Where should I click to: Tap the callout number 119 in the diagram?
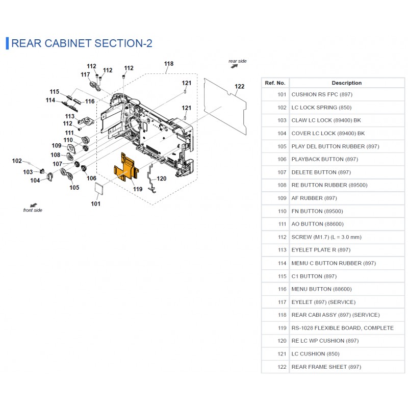tap(138, 189)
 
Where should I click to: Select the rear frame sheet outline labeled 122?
tap(225, 107)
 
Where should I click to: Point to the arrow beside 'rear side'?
tap(234, 66)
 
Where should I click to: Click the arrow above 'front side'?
tap(34, 206)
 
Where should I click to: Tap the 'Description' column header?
tap(347, 83)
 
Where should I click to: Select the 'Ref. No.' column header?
tap(275, 83)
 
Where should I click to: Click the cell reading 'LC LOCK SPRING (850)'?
tap(321, 108)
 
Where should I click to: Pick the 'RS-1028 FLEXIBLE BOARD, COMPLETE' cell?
tap(342, 328)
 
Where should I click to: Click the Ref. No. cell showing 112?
tap(282, 237)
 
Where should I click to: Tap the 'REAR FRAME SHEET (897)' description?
tap(326, 367)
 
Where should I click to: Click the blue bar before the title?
tap(7, 43)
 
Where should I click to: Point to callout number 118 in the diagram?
tap(169, 64)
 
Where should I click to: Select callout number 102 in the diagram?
tap(17, 161)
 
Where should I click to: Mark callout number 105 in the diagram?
tap(74, 187)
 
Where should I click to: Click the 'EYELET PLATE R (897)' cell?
tap(321, 250)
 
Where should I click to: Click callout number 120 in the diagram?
tap(161, 178)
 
